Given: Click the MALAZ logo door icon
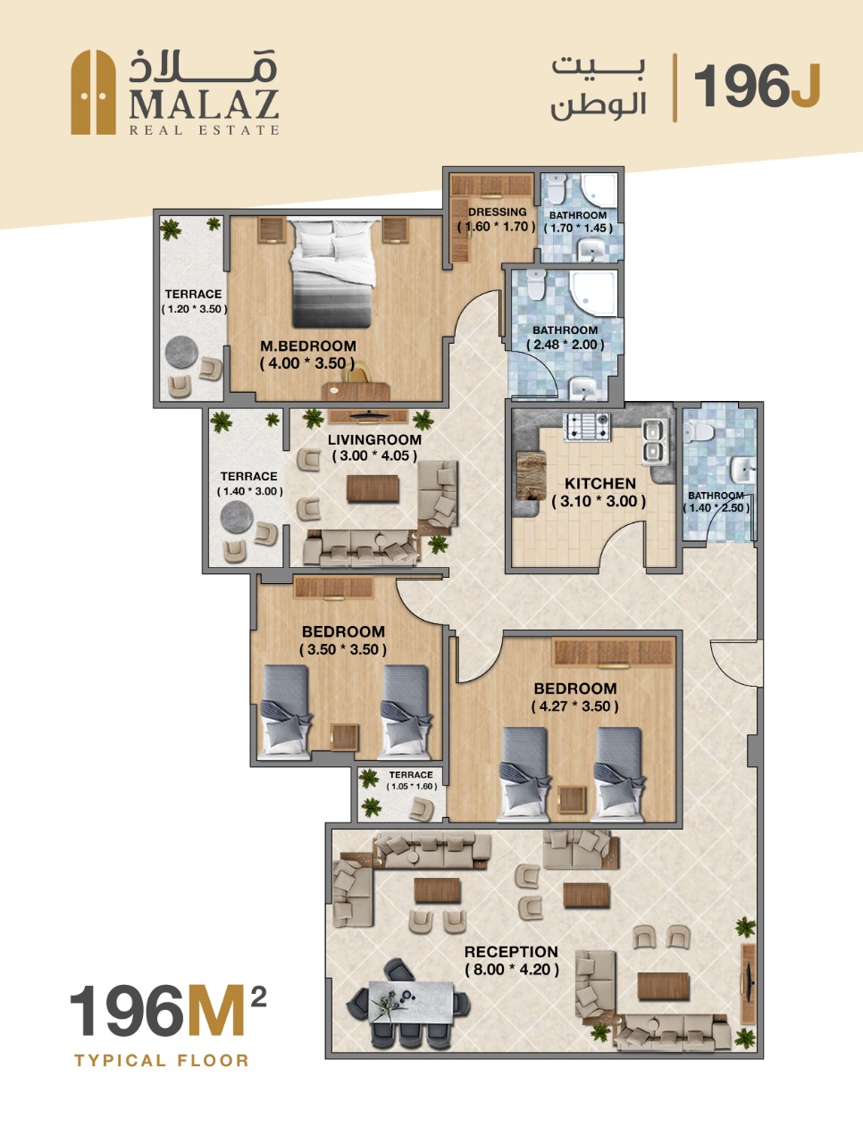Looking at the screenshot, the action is (x=93, y=92).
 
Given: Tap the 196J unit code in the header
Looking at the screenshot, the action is (x=758, y=87).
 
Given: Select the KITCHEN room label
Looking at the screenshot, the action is (x=600, y=483).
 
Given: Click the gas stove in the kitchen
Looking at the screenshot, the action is (x=587, y=427).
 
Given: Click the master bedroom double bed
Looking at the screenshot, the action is (x=332, y=273).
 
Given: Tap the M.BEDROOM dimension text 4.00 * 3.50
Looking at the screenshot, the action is (x=308, y=363).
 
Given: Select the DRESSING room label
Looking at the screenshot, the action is (x=497, y=212).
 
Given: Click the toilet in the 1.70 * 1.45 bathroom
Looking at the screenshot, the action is (x=557, y=188).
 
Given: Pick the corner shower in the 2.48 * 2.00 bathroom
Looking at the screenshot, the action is (x=593, y=293).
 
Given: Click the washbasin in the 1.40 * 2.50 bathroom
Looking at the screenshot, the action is (x=742, y=470).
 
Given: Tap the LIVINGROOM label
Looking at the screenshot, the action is (x=374, y=439).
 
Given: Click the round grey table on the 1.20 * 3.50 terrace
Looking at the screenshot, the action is (x=181, y=353).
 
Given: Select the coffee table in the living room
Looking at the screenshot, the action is (x=373, y=488).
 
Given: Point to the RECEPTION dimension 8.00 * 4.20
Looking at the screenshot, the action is (x=512, y=969).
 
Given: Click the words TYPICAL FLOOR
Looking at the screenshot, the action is (x=162, y=1060).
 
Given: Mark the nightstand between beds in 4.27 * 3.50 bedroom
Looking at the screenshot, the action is (x=572, y=800).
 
